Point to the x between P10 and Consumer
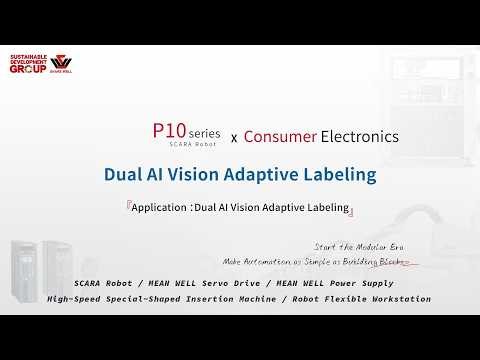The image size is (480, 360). pyautogui.click(x=234, y=136)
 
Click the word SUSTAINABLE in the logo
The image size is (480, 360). pyautogui.click(x=29, y=55)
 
